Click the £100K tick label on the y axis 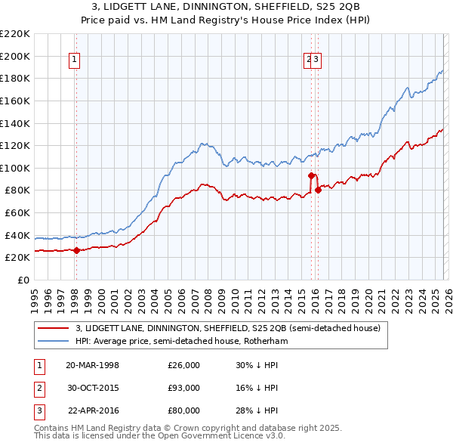tap(15, 168)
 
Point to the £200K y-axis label tap(15, 56)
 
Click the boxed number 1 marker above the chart tap(75, 61)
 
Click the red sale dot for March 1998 tap(76, 251)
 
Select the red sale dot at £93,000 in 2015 tap(311, 175)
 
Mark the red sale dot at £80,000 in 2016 tap(318, 190)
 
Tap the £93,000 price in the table tap(183, 388)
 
